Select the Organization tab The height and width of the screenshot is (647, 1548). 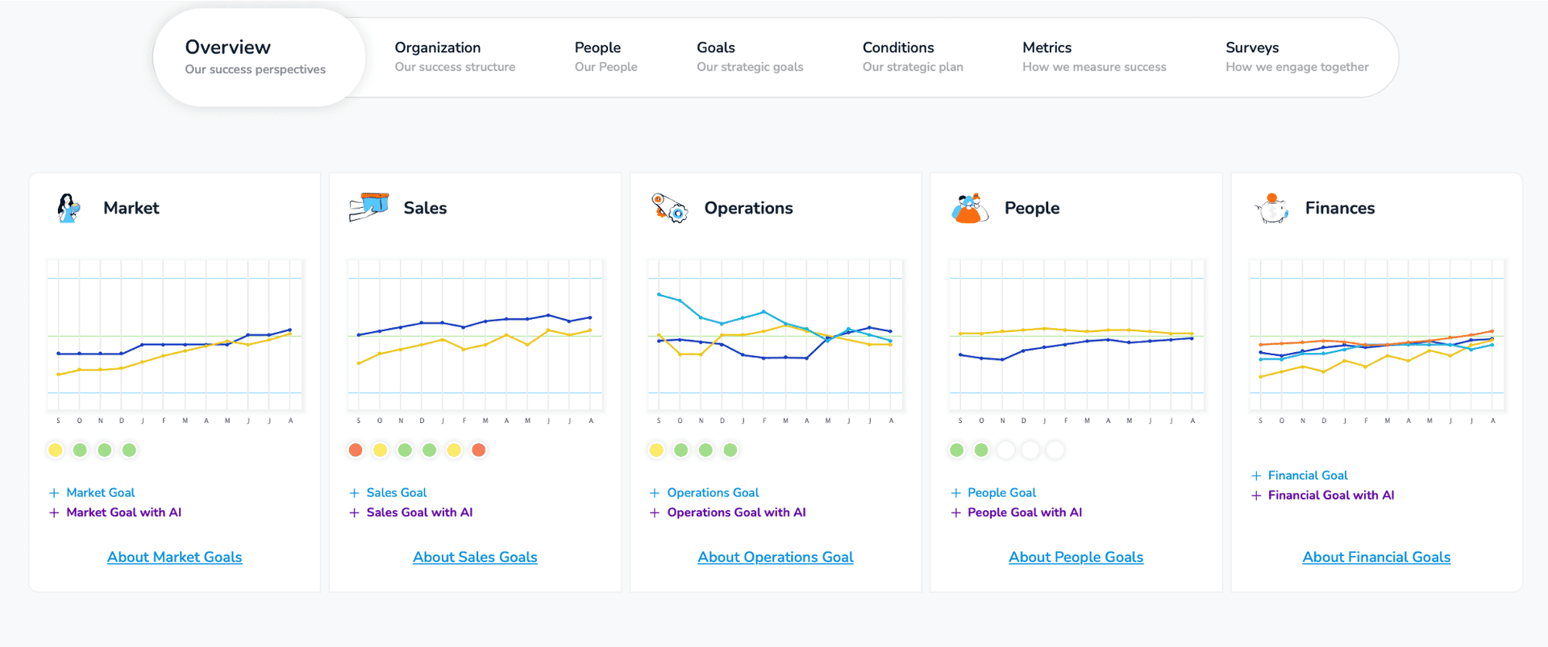click(455, 56)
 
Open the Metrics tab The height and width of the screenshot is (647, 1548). click(1094, 56)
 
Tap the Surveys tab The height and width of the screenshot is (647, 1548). click(1296, 56)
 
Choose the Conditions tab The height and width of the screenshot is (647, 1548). click(913, 56)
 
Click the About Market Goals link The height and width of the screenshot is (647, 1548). click(174, 557)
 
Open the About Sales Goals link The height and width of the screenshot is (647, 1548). click(475, 557)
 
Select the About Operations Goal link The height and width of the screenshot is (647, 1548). click(776, 557)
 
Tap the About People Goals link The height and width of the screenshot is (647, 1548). click(1076, 557)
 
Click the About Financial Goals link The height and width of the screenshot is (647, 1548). click(1376, 557)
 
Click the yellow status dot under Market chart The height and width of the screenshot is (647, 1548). click(55, 450)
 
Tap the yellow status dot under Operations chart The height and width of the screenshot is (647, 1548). click(656, 450)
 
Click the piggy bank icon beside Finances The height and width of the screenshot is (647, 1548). click(1271, 208)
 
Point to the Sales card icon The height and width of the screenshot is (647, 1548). click(368, 207)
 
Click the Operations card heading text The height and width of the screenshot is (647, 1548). click(748, 208)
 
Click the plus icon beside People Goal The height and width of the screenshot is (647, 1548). click(955, 493)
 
